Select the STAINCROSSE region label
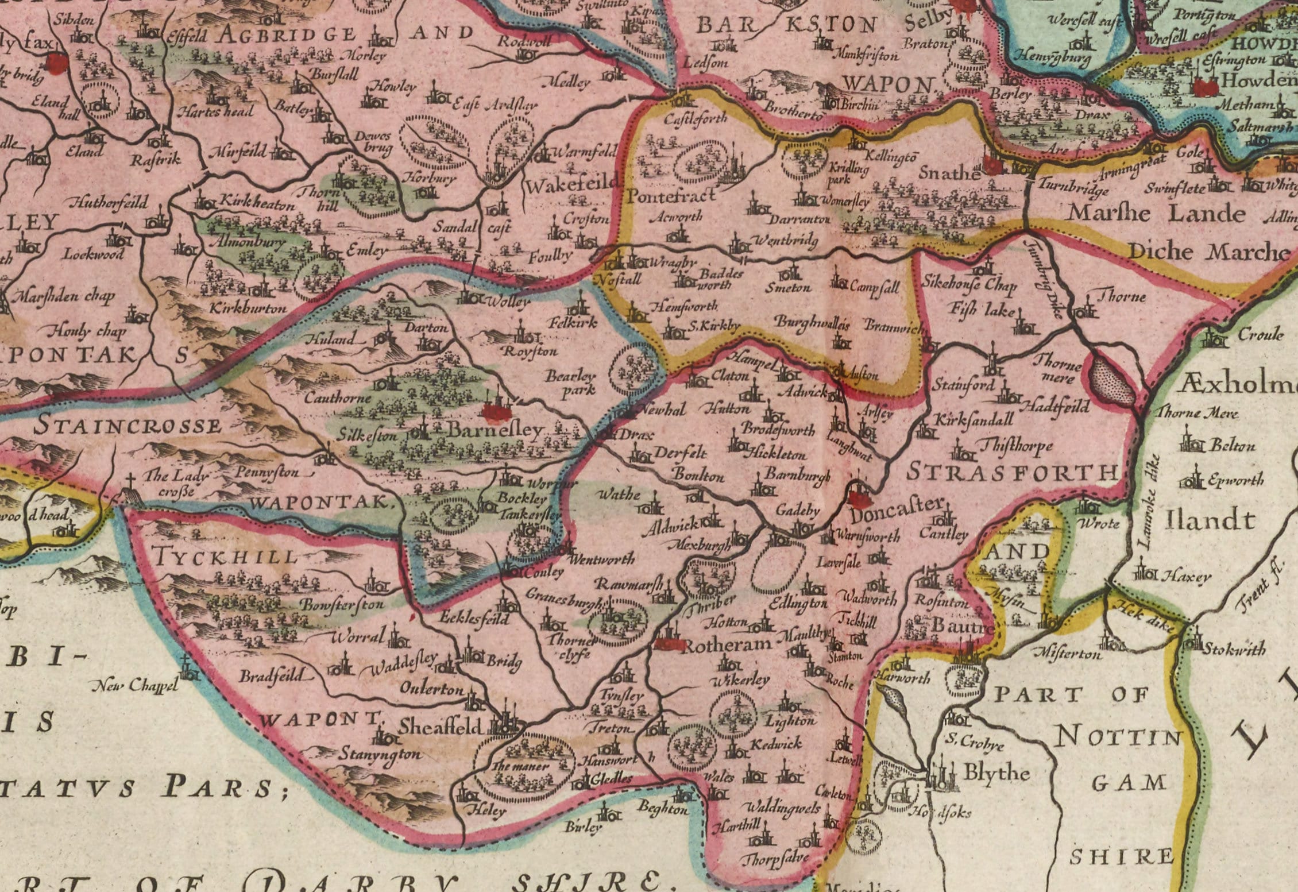pos(128,426)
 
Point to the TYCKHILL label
pos(225,556)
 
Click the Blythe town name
pos(995,773)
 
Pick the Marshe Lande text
pos(1156,214)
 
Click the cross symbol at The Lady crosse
pos(131,480)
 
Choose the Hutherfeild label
pos(109,202)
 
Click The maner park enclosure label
pos(520,766)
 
